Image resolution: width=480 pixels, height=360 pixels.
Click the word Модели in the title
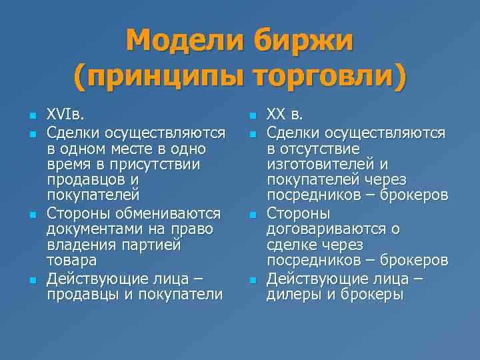(185, 41)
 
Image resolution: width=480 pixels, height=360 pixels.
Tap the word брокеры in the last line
(370, 294)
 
